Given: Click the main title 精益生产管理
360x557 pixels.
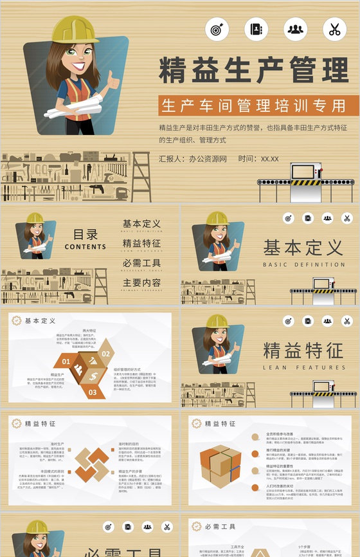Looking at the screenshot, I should pyautogui.click(x=253, y=71).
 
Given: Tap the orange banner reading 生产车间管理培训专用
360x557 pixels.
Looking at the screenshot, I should pyautogui.click(x=253, y=105).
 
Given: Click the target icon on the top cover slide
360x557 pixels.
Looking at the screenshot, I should pyautogui.click(x=217, y=29).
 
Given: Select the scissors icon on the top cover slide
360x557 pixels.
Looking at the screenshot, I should pyautogui.click(x=334, y=29).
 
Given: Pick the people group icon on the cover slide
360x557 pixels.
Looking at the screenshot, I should pyautogui.click(x=295, y=29).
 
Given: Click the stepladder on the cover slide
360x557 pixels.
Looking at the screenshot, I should pyautogui.click(x=141, y=176).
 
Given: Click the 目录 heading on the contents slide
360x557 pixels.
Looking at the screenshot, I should pyautogui.click(x=85, y=235).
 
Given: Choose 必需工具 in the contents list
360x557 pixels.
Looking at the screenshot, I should pyautogui.click(x=141, y=263).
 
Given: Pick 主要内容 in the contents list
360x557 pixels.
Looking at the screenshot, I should pyautogui.click(x=141, y=283).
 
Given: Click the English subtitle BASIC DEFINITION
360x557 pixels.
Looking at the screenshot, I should pyautogui.click(x=303, y=264).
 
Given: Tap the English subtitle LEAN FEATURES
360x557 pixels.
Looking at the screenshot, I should pyautogui.click(x=303, y=368).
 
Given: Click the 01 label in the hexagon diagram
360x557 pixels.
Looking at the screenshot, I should pyautogui.click(x=66, y=361).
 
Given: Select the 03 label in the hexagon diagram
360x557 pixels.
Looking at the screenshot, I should pyautogui.click(x=93, y=392).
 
